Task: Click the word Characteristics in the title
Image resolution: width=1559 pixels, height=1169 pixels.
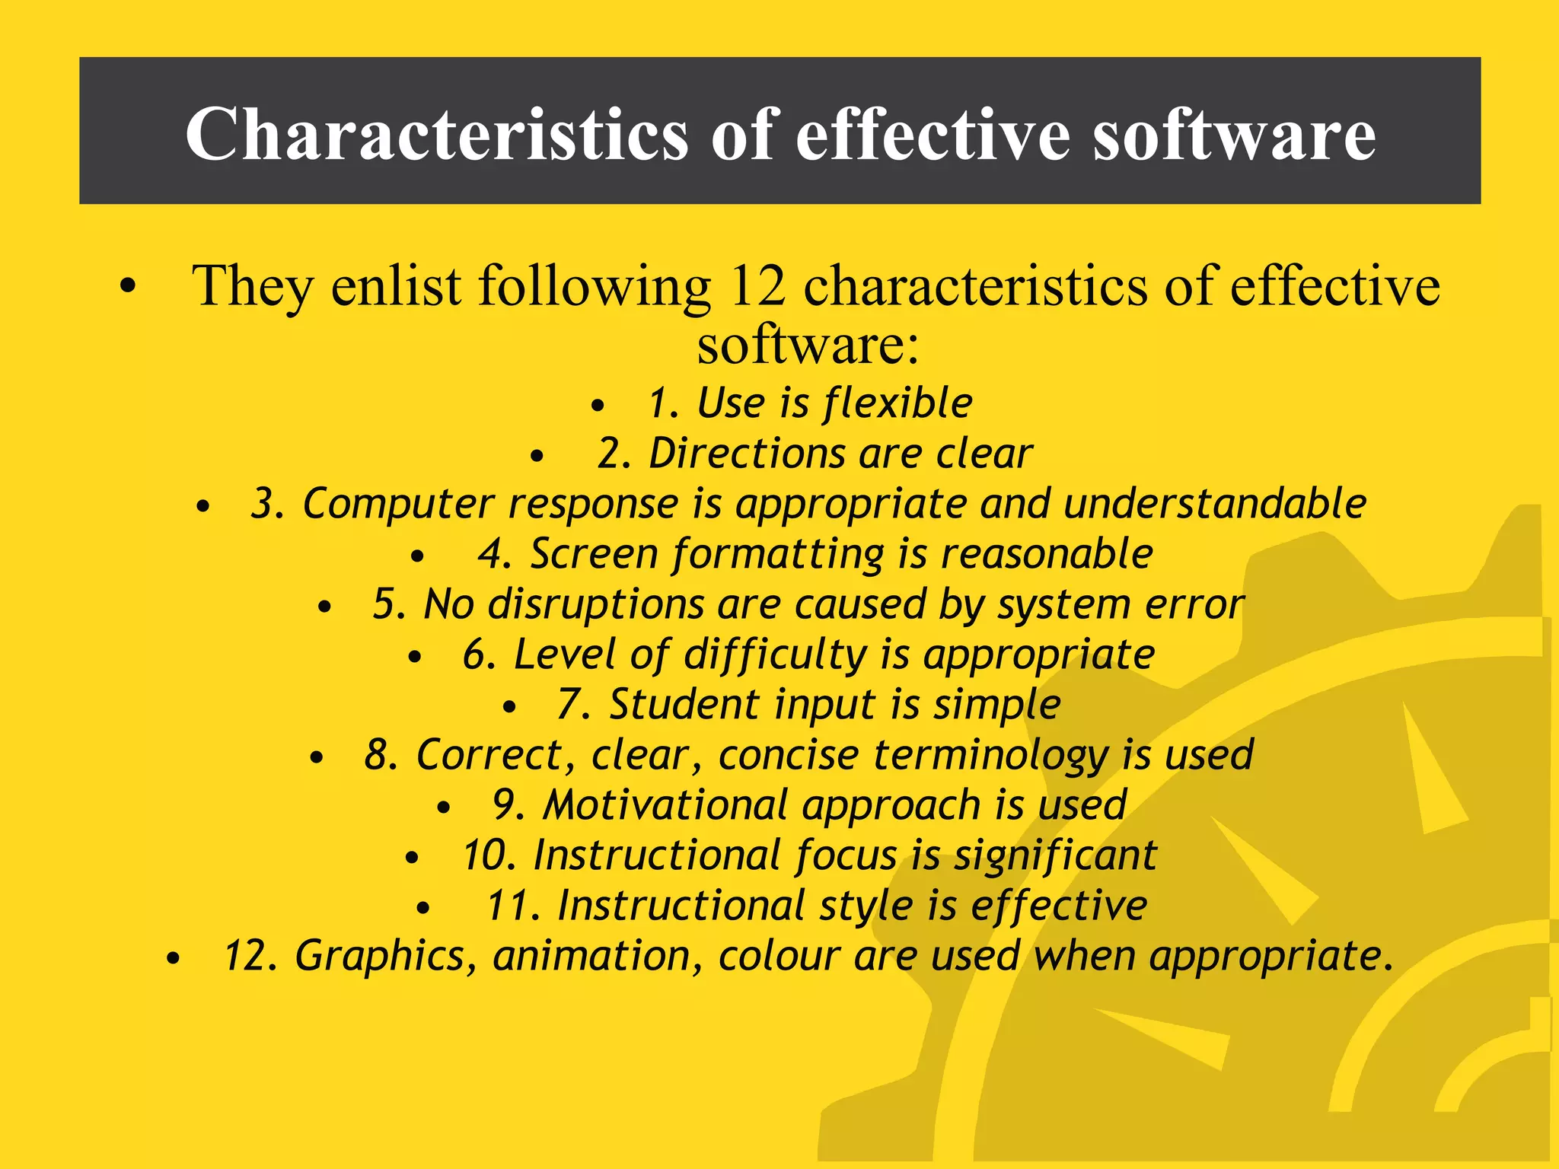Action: tap(436, 134)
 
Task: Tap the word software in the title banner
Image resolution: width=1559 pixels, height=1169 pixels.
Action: tap(1234, 134)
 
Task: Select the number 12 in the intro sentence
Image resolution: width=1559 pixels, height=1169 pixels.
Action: tap(757, 286)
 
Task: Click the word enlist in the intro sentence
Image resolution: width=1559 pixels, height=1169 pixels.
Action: tap(395, 286)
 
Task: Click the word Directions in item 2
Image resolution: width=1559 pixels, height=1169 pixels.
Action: tap(746, 454)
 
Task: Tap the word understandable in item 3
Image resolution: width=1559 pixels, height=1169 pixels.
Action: tap(1214, 504)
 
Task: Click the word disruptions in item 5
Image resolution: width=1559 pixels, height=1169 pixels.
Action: tap(596, 604)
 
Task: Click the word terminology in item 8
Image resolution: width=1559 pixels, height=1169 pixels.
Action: tap(990, 755)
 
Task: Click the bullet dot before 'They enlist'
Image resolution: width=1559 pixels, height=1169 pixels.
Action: tap(128, 287)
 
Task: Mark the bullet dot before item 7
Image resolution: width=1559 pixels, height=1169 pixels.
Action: tap(509, 707)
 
